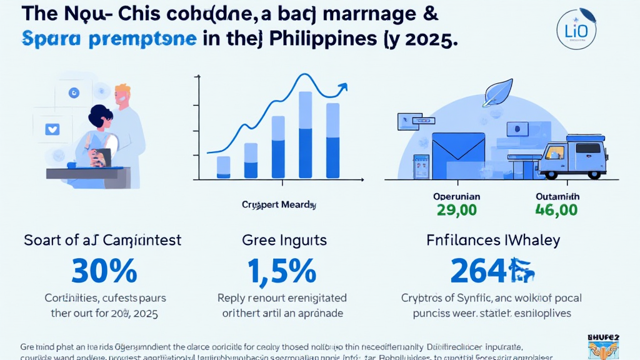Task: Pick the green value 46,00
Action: coord(557,209)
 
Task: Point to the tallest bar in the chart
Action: coord(306,135)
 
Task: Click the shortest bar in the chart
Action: coord(223,167)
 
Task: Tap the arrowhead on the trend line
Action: coord(342,88)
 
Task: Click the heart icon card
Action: coord(52,129)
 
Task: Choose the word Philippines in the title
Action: coord(321,39)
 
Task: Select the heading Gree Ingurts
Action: coord(285,240)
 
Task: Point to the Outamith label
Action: coord(557,196)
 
